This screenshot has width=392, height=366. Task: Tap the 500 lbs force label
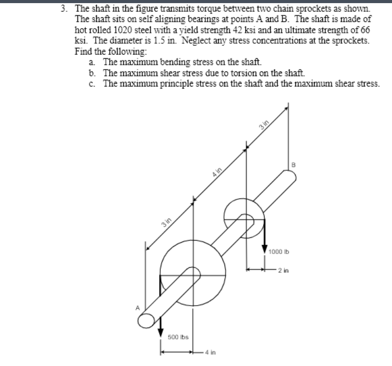(178, 337)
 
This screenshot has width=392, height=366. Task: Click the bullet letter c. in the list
(92, 83)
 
